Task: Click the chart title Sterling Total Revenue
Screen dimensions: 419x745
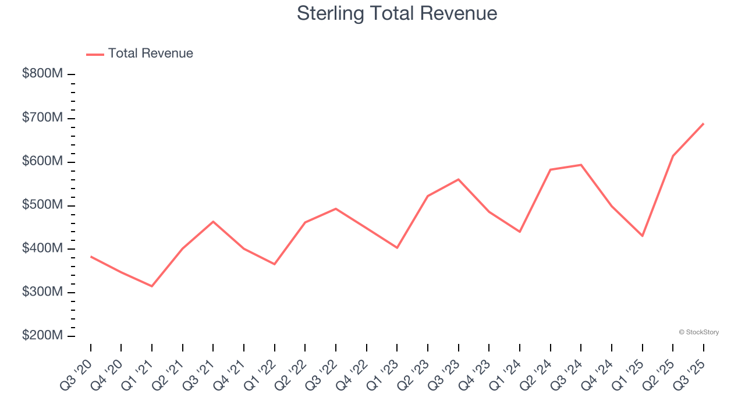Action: click(397, 13)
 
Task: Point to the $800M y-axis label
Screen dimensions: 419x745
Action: click(42, 74)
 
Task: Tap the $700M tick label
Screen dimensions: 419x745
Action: click(42, 118)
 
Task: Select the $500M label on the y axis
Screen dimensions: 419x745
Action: click(42, 205)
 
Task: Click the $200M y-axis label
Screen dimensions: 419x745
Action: click(42, 336)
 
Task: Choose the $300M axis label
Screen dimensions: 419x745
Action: click(42, 292)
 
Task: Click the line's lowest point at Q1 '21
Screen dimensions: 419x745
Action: click(152, 286)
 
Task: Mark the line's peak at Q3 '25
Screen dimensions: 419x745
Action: click(704, 123)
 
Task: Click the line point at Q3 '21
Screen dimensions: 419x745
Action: click(213, 222)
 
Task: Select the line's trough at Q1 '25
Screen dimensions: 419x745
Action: click(643, 236)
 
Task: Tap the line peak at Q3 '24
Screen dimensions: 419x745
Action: click(581, 165)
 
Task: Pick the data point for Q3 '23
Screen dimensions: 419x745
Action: click(459, 179)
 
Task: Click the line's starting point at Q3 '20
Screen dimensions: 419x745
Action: click(91, 256)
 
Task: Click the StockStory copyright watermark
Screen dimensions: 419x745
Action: click(698, 332)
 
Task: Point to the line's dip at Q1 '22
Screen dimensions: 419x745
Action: click(275, 264)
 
